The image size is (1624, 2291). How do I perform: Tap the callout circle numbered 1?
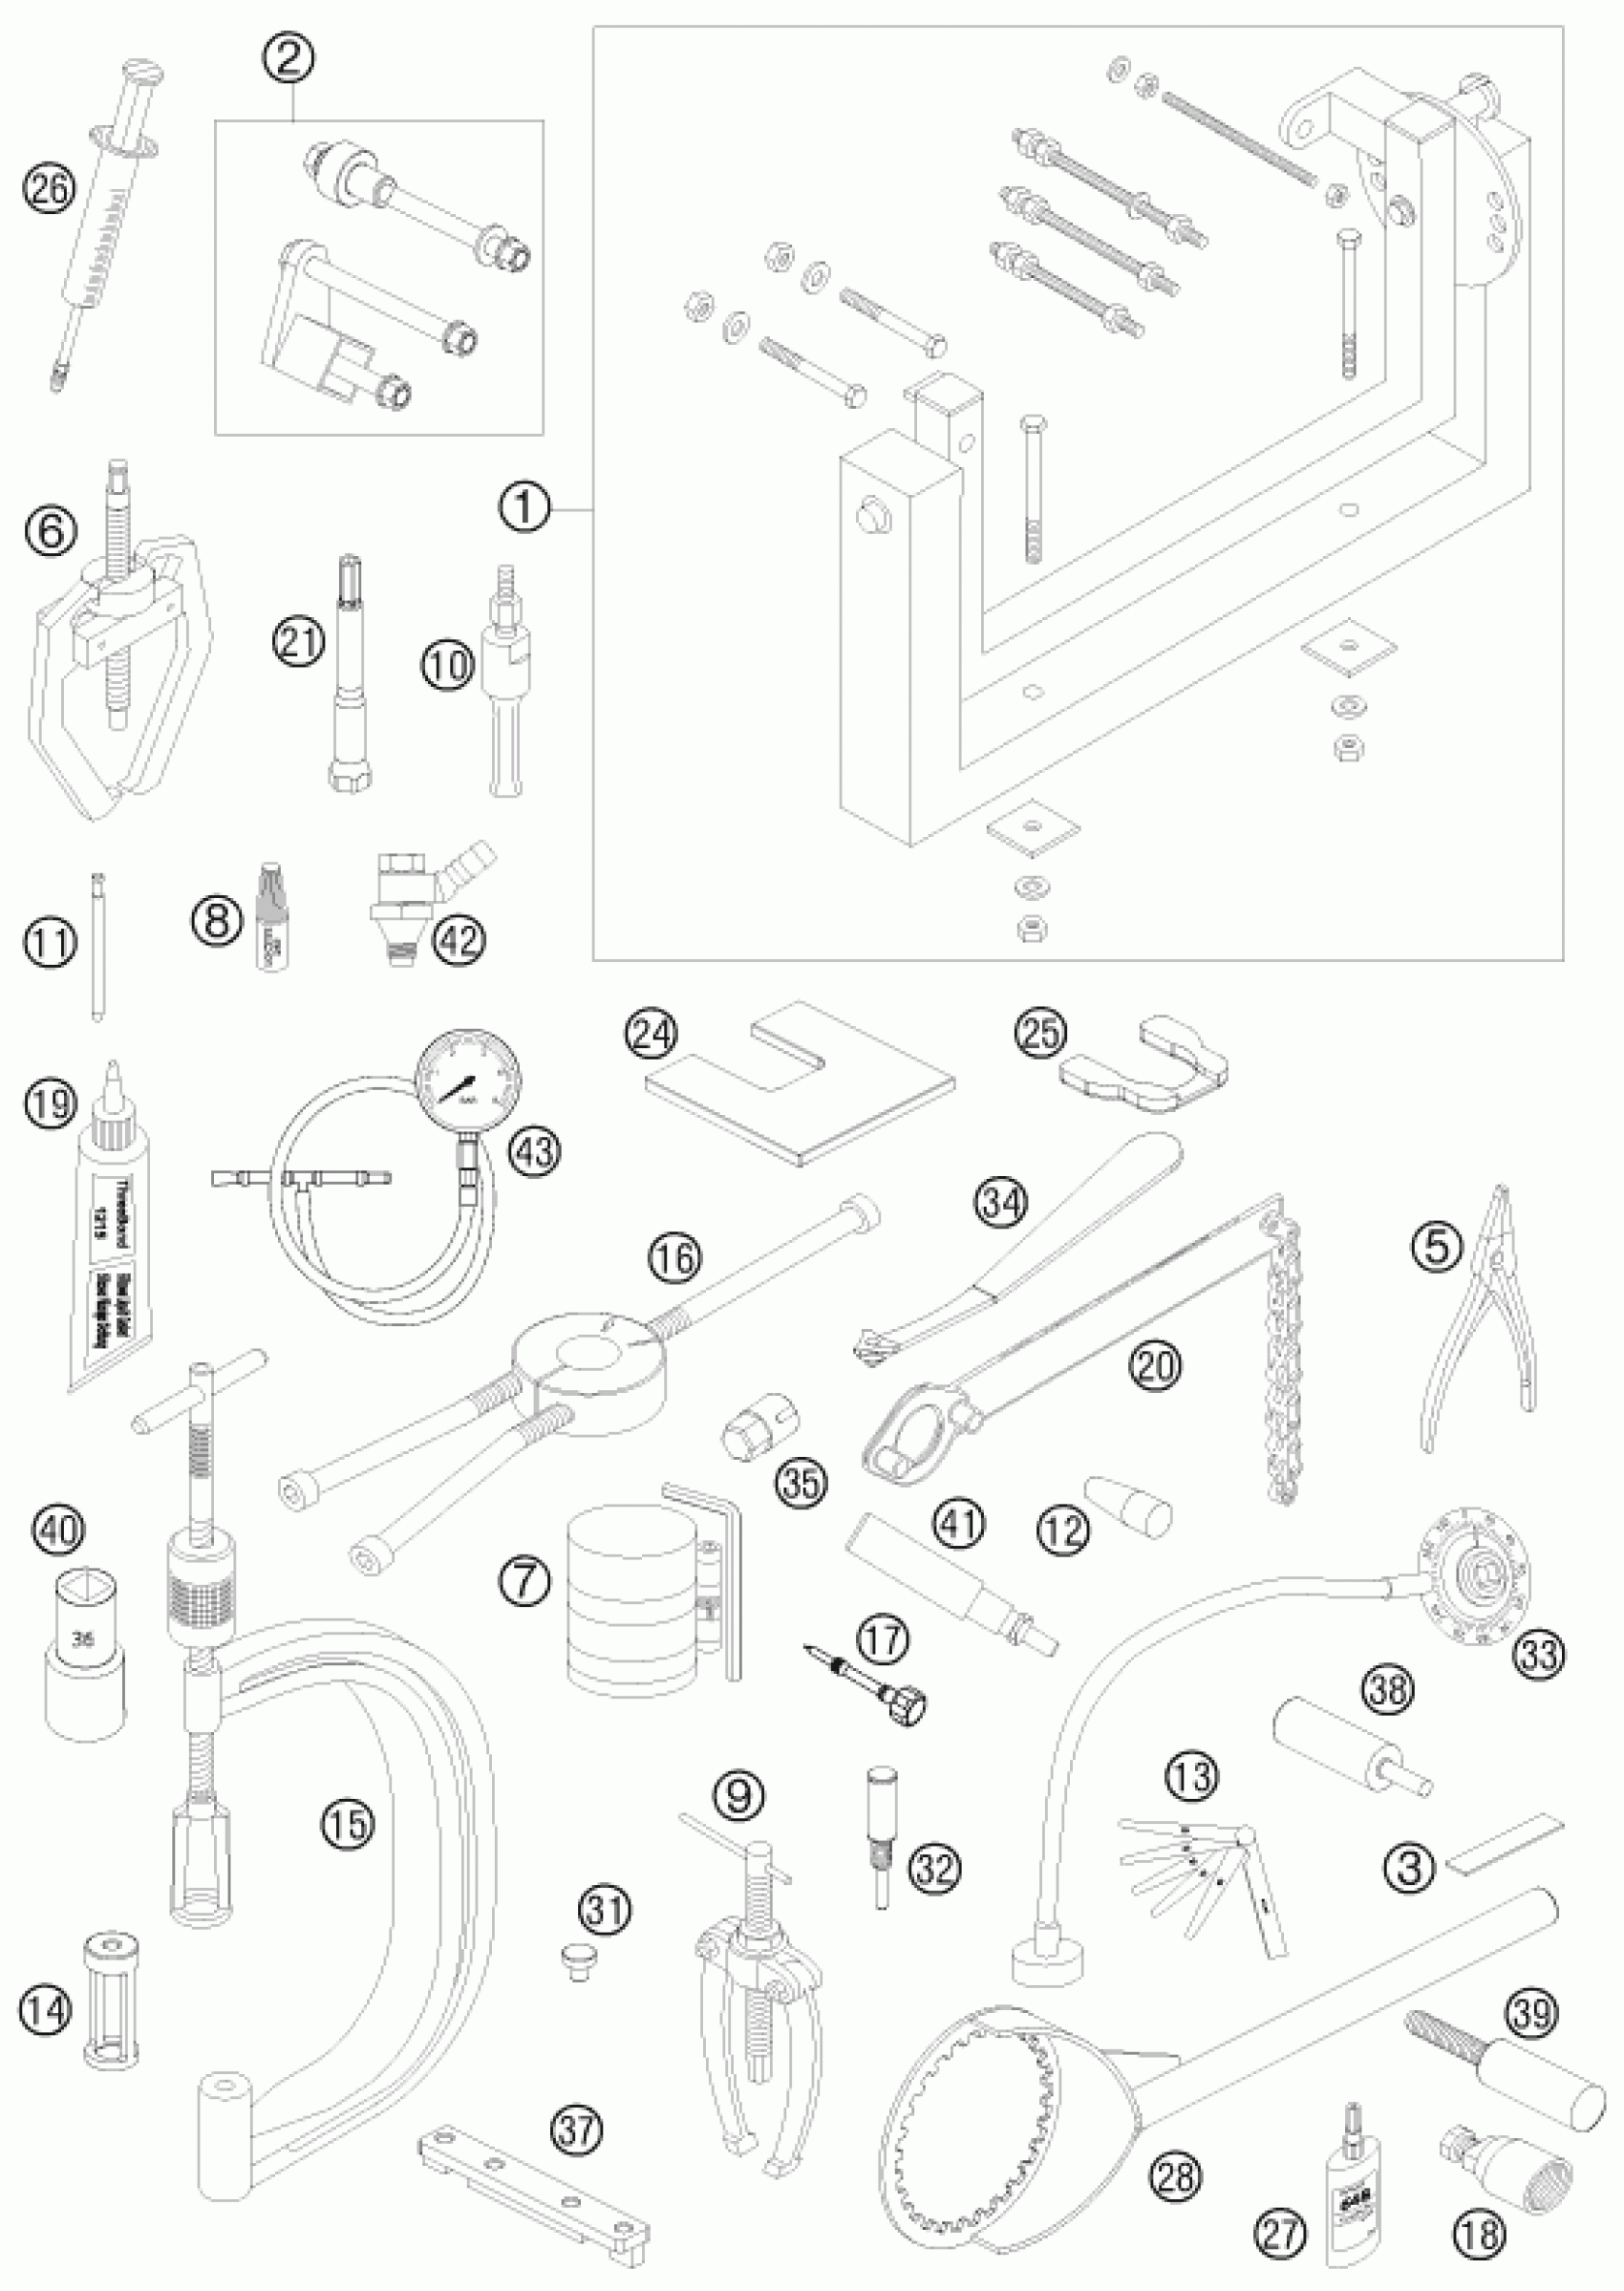[524, 510]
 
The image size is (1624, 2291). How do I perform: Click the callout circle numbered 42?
[461, 939]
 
